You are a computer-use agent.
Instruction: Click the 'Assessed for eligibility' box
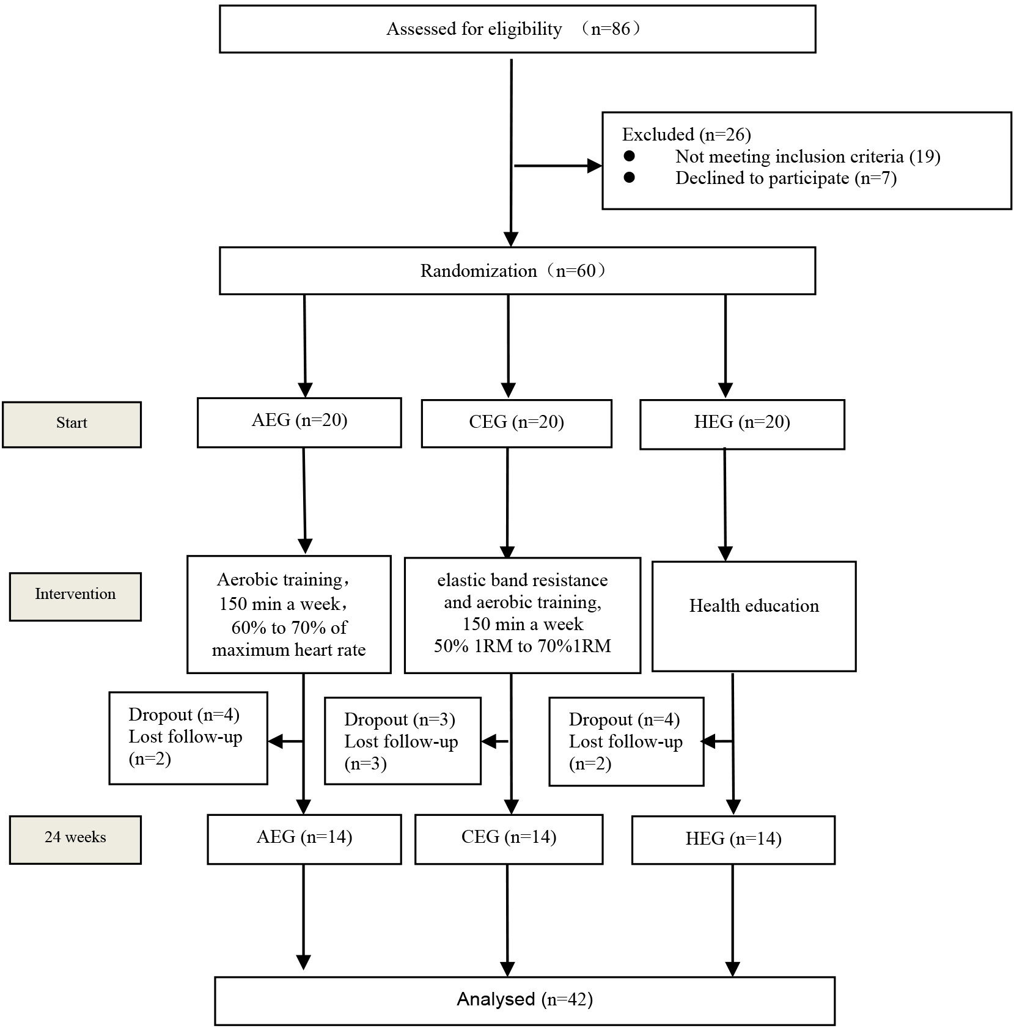[x=517, y=29]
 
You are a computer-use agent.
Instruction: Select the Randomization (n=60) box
[x=517, y=271]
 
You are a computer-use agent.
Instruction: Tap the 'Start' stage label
[x=72, y=424]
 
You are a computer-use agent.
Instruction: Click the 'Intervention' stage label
[x=75, y=597]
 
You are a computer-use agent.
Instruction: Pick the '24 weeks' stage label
[x=75, y=840]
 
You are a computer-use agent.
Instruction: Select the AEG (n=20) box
[x=299, y=422]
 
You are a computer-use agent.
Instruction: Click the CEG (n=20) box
[x=516, y=424]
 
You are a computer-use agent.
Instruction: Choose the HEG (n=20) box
[x=742, y=424]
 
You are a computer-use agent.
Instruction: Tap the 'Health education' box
[x=754, y=616]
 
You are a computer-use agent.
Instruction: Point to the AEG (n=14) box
[x=304, y=839]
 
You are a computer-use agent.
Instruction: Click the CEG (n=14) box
[x=509, y=839]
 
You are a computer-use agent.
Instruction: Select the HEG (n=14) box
[x=733, y=840]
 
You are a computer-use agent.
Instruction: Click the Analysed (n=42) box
[x=524, y=1000]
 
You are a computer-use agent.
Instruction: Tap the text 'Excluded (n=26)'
[x=686, y=134]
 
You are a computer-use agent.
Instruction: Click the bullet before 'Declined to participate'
[x=629, y=177]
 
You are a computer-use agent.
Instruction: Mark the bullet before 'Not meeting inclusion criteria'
[x=629, y=156]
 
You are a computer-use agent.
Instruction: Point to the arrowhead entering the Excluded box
[x=594, y=166]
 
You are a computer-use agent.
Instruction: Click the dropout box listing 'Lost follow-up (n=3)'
[x=403, y=741]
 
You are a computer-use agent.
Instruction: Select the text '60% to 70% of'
[x=289, y=628]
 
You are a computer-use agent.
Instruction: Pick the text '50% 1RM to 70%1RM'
[x=523, y=646]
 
